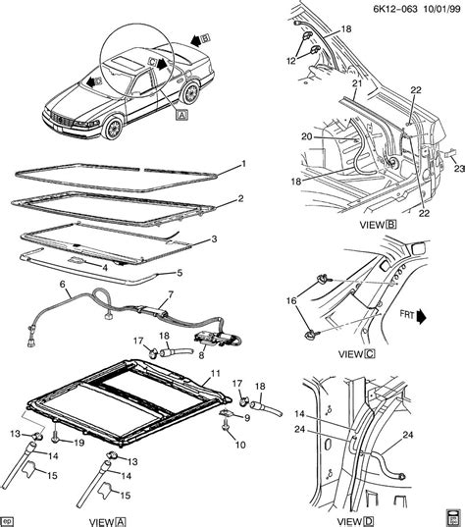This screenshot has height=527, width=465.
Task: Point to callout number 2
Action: coord(240,199)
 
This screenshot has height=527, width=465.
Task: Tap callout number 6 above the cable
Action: coord(64,286)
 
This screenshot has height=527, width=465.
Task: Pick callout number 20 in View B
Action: coord(306,136)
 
